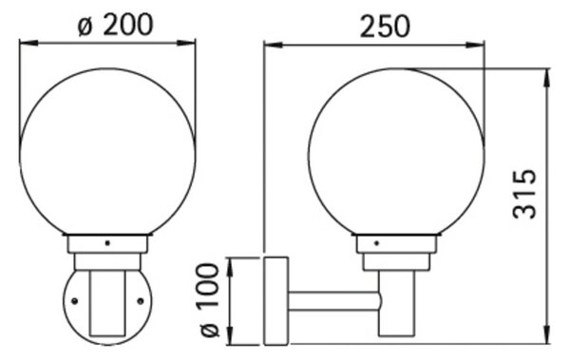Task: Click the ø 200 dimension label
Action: (x=116, y=25)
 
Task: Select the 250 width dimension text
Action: (x=385, y=27)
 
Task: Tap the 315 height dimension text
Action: (x=524, y=194)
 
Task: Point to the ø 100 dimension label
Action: (x=210, y=300)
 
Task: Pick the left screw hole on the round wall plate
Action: (x=75, y=301)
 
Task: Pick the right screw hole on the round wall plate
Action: (x=141, y=301)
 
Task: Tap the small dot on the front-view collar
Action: (x=107, y=243)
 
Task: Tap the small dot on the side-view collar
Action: (x=376, y=243)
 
